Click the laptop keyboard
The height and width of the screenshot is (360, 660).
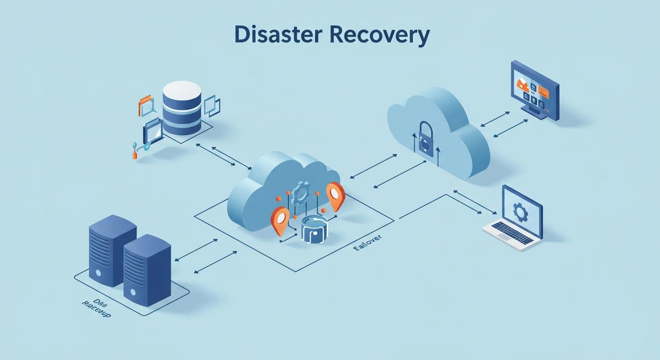click(512, 232)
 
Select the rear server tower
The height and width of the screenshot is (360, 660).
click(112, 248)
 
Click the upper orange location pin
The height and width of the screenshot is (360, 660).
click(335, 194)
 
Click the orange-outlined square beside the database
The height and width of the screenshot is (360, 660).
click(146, 106)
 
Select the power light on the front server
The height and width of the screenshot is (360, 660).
click(133, 292)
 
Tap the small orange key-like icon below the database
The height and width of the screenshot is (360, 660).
click(135, 153)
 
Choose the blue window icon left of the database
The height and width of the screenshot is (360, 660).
click(152, 131)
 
